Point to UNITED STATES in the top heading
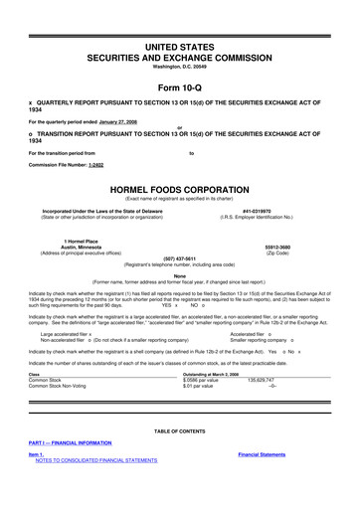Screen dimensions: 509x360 180,48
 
